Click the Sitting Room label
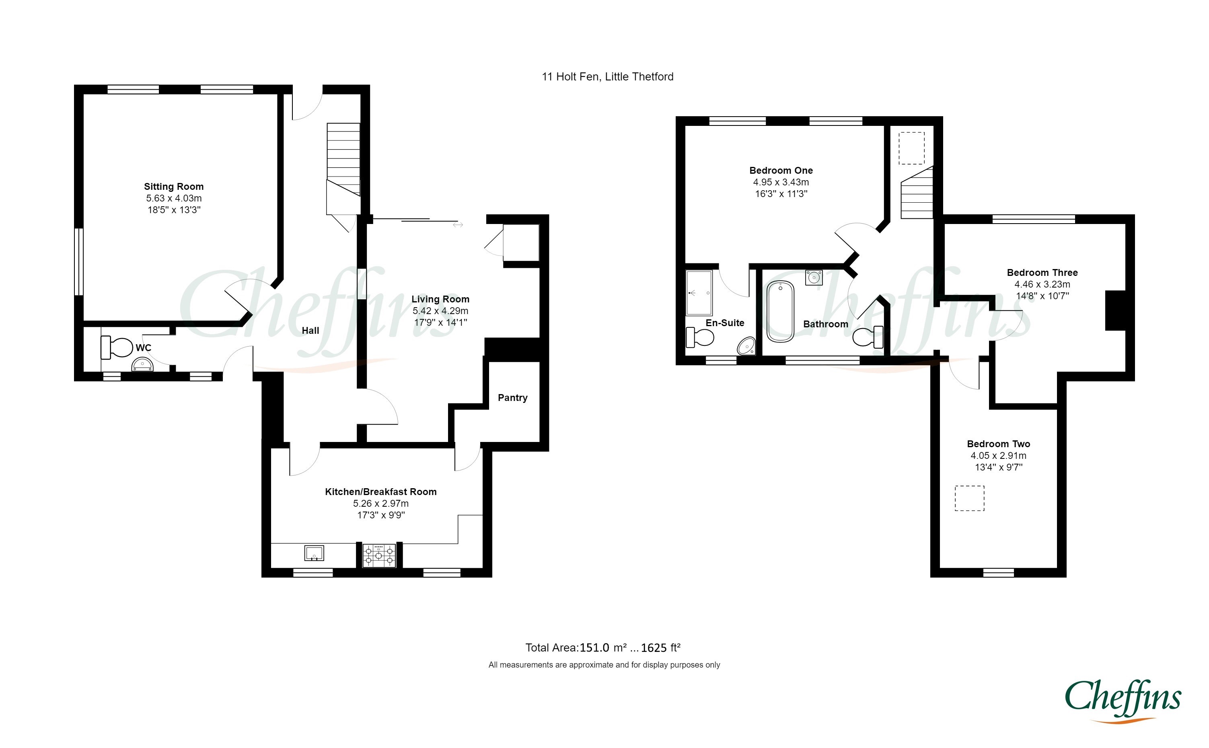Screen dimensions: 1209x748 [174, 187]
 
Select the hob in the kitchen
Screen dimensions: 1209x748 [379, 555]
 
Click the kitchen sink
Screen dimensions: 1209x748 [314, 553]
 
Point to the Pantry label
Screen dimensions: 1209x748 [512, 398]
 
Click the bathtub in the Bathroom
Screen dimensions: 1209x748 [780, 312]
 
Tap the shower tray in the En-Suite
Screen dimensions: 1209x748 [699, 293]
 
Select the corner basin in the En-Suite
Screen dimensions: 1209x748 [747, 346]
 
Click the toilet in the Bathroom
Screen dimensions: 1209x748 [868, 337]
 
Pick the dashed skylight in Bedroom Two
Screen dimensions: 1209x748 [969, 498]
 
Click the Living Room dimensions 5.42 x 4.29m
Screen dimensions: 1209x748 [440, 311]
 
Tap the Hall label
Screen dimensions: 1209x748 [310, 331]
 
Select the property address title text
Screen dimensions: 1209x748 [607, 77]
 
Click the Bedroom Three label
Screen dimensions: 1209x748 [1042, 273]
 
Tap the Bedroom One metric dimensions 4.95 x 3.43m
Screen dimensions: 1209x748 [781, 182]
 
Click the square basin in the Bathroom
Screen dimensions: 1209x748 [814, 277]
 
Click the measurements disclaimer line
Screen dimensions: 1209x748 [604, 665]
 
